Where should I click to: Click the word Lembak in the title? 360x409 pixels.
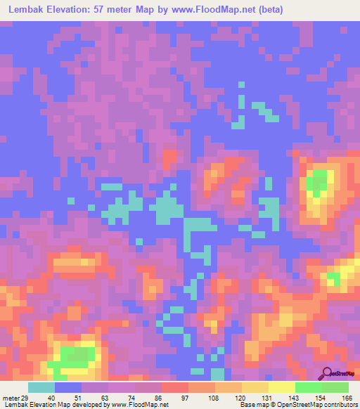(27, 10)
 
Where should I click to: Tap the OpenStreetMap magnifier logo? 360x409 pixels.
(328, 373)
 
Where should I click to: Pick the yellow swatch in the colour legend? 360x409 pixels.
(281, 387)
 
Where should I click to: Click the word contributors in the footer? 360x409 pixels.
(339, 405)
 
